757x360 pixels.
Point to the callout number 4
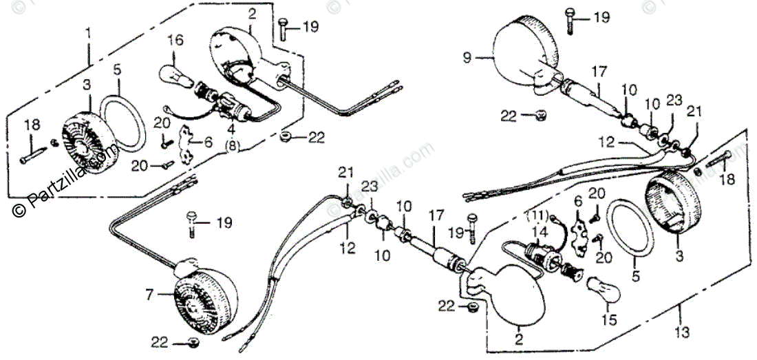232,129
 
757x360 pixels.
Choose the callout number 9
467,59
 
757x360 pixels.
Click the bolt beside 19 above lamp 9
570,21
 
